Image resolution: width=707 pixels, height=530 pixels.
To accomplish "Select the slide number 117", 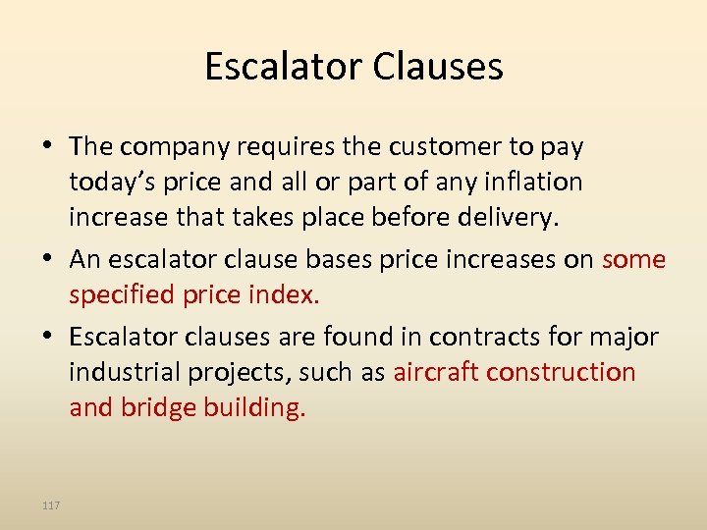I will [51, 505].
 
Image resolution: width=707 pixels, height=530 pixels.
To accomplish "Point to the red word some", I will [633, 259].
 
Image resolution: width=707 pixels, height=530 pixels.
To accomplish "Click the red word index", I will [292, 295].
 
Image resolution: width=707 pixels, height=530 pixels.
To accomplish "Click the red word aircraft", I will [436, 373].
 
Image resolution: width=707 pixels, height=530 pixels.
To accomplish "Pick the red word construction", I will [562, 373].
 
